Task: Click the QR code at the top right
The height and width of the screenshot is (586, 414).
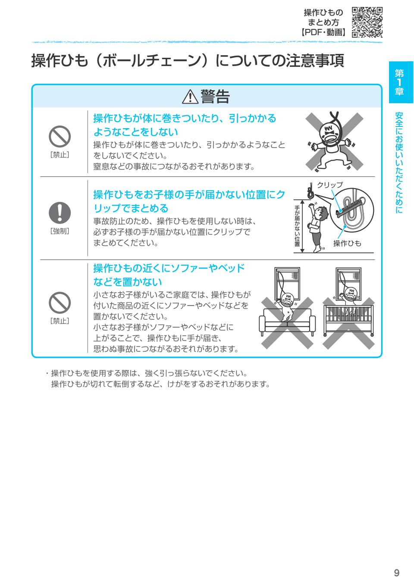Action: point(367,22)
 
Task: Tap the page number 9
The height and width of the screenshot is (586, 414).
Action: point(396,573)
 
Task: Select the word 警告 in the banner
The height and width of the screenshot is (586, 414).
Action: point(215,97)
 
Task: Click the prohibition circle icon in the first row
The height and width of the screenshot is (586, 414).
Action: point(60,137)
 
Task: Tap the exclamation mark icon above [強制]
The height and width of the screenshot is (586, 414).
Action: point(60,212)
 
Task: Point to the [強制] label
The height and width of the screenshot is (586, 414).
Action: point(60,231)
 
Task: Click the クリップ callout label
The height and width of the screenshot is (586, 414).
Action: point(330,185)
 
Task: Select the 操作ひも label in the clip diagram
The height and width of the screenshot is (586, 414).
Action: point(347,243)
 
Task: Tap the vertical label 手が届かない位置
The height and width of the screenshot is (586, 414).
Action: point(297,226)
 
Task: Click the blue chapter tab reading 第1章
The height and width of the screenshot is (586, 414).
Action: point(401,82)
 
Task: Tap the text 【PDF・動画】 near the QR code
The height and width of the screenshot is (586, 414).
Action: point(323,32)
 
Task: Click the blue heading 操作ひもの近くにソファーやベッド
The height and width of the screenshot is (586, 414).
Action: point(169,268)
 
